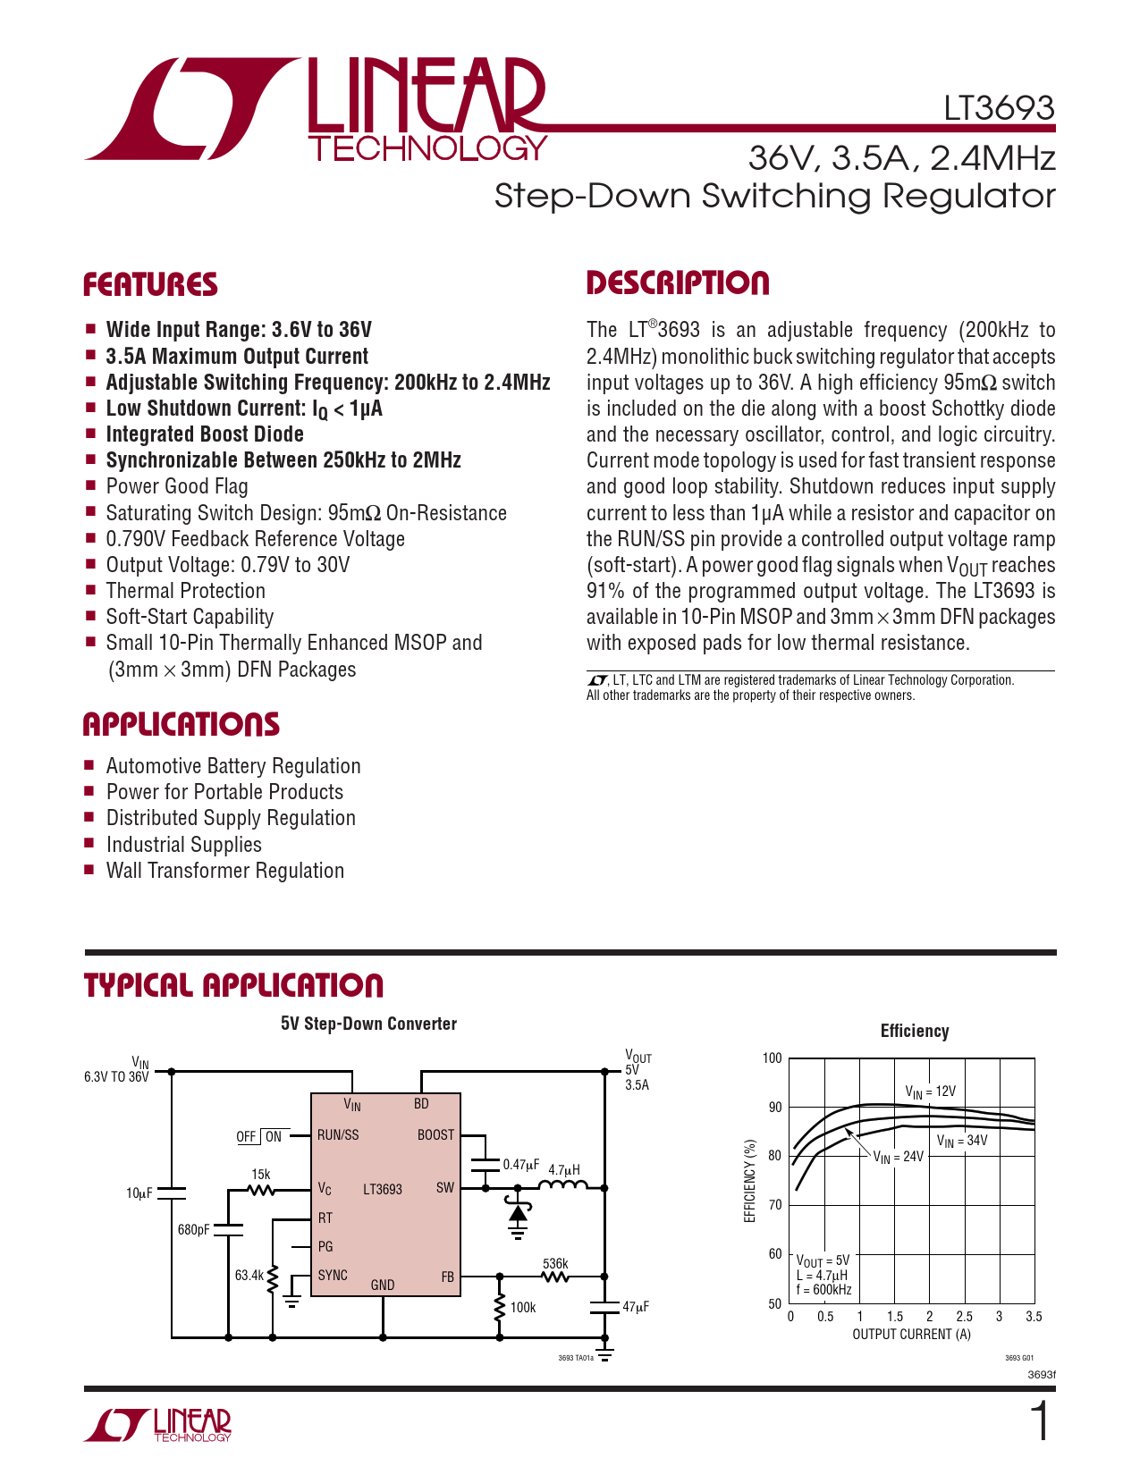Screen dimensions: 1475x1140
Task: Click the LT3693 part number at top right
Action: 999,108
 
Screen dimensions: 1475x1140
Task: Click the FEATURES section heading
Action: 150,285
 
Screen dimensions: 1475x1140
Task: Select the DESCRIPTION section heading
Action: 678,283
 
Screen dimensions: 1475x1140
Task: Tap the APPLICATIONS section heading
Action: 182,725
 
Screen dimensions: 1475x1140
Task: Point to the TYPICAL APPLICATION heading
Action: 233,986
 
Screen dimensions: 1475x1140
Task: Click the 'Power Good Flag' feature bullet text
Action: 177,486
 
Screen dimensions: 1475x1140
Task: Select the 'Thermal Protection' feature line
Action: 185,591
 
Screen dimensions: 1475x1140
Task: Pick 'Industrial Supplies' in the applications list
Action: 183,845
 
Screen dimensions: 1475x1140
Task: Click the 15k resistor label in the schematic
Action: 260,1174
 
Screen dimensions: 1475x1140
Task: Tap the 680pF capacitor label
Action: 193,1229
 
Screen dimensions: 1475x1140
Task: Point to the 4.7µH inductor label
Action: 564,1169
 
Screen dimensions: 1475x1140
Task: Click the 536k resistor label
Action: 555,1263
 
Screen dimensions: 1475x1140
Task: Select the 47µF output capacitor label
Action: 636,1307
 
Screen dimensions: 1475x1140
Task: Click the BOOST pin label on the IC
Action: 435,1135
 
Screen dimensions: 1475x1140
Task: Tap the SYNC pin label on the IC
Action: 333,1275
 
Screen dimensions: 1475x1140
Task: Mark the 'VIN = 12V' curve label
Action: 930,1091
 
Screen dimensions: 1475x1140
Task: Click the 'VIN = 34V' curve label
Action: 962,1141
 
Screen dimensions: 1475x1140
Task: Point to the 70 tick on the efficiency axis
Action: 774,1205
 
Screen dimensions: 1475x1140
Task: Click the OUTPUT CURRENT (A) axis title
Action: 911,1335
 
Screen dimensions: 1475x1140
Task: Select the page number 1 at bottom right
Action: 1040,1422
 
